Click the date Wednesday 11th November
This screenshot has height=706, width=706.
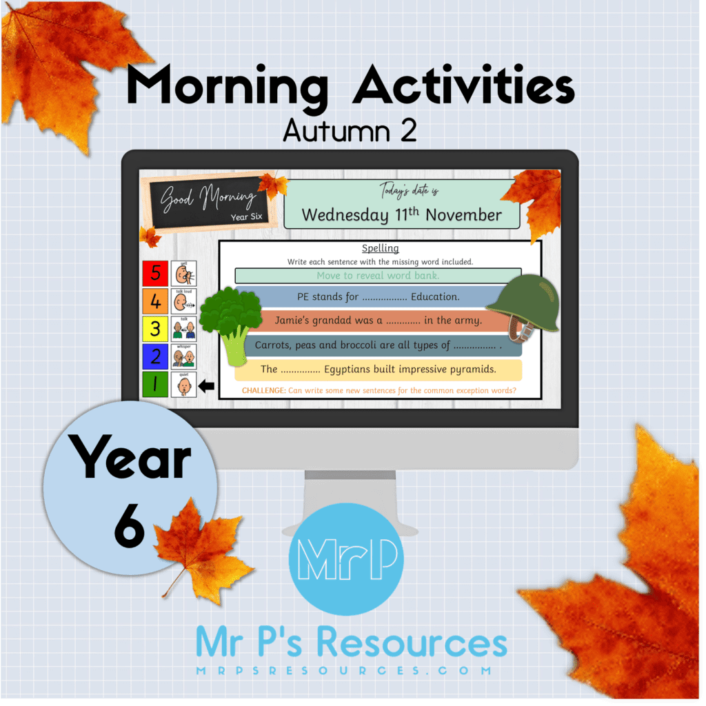click(402, 214)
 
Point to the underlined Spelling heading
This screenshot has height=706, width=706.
click(380, 248)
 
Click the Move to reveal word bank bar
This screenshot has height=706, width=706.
click(377, 276)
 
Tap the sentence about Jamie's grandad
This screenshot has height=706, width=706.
click(377, 321)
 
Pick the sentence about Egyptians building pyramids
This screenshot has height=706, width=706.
click(378, 370)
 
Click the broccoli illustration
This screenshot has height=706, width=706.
click(230, 321)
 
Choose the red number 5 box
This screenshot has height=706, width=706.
click(154, 273)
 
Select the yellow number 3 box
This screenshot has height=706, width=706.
click(154, 329)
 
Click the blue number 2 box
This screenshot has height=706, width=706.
click(154, 356)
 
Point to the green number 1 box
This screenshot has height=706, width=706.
click(154, 385)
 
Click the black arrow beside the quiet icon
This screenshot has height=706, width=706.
click(206, 387)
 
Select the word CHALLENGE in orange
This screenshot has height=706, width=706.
click(263, 391)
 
